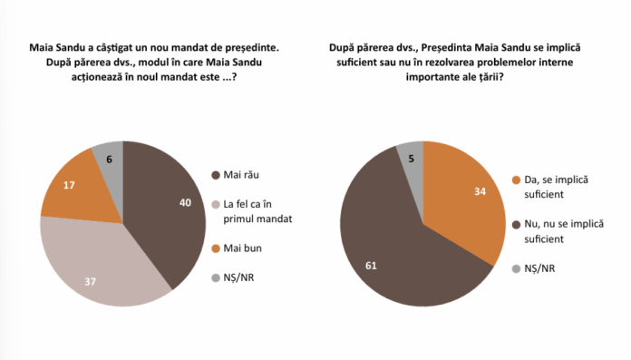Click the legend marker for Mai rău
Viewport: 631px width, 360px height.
tap(215, 176)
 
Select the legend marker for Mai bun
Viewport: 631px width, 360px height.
tap(215, 247)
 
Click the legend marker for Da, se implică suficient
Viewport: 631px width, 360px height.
tap(517, 180)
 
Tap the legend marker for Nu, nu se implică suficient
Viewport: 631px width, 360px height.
tap(517, 222)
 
